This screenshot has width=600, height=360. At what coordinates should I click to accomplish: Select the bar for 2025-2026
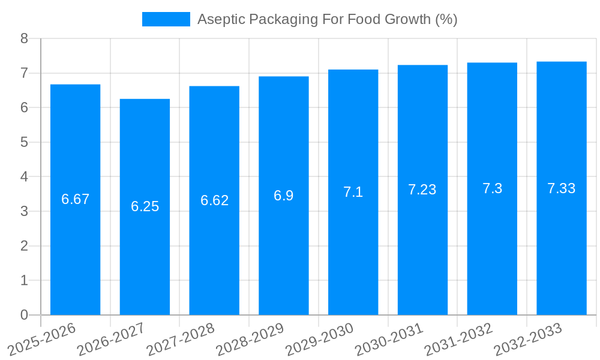[x=75, y=200]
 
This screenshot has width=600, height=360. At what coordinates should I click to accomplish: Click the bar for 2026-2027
[x=145, y=207]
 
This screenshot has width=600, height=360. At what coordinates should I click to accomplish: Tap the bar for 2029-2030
[x=353, y=192]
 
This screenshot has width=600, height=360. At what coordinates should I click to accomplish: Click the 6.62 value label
[x=214, y=200]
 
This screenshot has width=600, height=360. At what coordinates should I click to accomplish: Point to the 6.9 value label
[x=283, y=196]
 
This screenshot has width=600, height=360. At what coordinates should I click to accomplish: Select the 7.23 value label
[x=422, y=190]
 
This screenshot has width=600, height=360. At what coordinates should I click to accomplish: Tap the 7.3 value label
[x=492, y=188]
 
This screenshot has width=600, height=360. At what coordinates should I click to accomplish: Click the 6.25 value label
[x=145, y=206]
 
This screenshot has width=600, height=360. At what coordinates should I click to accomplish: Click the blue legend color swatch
[x=166, y=19]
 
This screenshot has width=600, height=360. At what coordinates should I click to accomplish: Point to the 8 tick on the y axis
[x=24, y=38]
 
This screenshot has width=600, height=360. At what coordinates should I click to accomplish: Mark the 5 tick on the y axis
[x=24, y=142]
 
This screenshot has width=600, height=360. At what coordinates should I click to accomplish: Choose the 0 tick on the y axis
[x=24, y=315]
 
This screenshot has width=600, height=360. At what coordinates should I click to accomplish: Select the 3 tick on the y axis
[x=24, y=211]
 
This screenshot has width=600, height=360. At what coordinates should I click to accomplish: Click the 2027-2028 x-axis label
[x=181, y=339]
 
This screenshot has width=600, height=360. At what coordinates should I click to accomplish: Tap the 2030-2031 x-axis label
[x=389, y=339]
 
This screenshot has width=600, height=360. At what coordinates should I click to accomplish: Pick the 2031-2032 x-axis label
[x=458, y=339]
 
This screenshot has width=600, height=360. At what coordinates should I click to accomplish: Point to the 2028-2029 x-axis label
[x=250, y=339]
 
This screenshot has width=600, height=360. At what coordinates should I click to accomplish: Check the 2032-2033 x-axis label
[x=528, y=339]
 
